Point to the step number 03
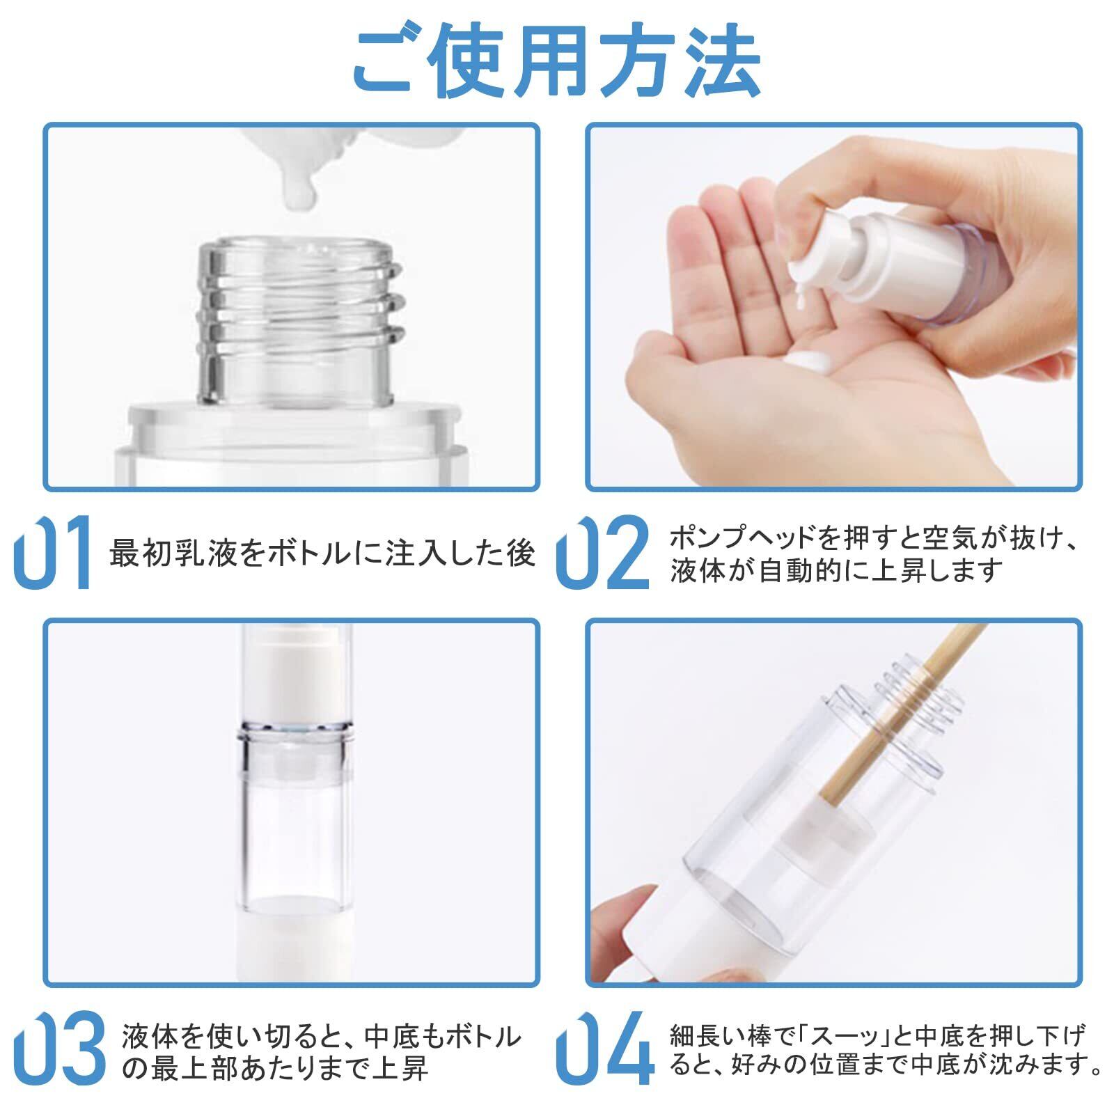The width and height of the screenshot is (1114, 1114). coord(60,1048)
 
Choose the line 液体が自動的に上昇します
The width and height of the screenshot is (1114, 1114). coord(835,570)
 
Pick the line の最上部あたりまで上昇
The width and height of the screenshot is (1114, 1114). coord(274,1069)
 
